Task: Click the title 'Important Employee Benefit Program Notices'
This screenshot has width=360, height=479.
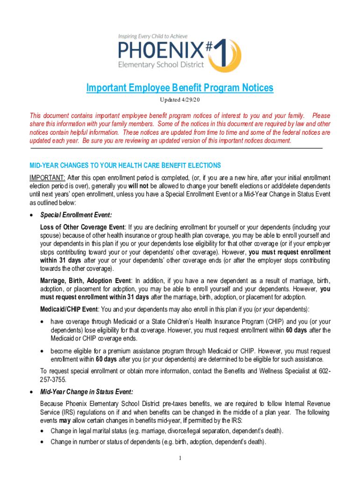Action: tap(180, 88)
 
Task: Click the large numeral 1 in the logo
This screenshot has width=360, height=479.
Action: tap(231, 54)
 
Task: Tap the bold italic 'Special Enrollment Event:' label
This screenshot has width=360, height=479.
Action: tap(76, 215)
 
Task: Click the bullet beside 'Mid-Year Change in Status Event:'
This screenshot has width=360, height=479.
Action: tap(31, 392)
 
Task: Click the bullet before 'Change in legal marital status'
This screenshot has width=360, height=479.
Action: tap(43, 430)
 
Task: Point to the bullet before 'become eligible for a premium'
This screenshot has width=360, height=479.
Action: tap(43, 351)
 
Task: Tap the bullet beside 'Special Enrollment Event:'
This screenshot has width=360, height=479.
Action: tap(31, 215)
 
